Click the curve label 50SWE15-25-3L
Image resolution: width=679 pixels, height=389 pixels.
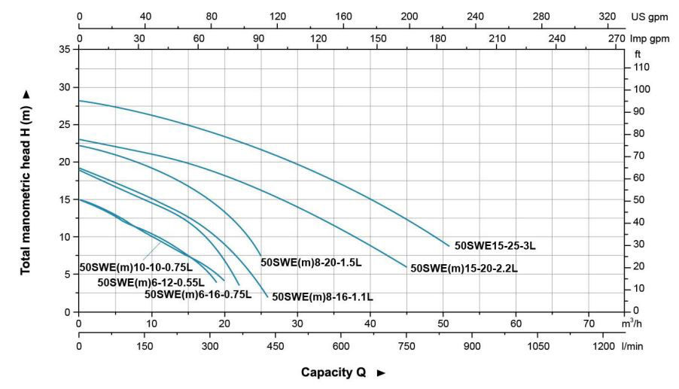[x=495, y=246]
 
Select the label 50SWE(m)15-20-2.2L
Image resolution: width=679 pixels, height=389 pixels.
[x=464, y=268]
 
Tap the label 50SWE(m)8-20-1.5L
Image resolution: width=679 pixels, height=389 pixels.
[x=311, y=263]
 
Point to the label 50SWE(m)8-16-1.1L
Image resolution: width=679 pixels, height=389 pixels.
[x=322, y=296]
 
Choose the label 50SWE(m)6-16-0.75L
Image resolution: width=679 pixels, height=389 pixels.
[x=197, y=293]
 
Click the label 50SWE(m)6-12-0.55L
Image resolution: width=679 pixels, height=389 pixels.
[x=151, y=282]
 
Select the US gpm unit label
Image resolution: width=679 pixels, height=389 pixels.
[x=650, y=16]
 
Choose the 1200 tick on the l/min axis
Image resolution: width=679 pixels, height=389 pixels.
[x=604, y=346]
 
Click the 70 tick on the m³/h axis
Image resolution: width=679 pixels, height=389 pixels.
[x=589, y=324]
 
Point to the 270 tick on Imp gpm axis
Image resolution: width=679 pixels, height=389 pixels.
[x=617, y=37]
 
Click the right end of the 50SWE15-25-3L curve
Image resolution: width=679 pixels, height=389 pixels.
[x=449, y=246]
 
